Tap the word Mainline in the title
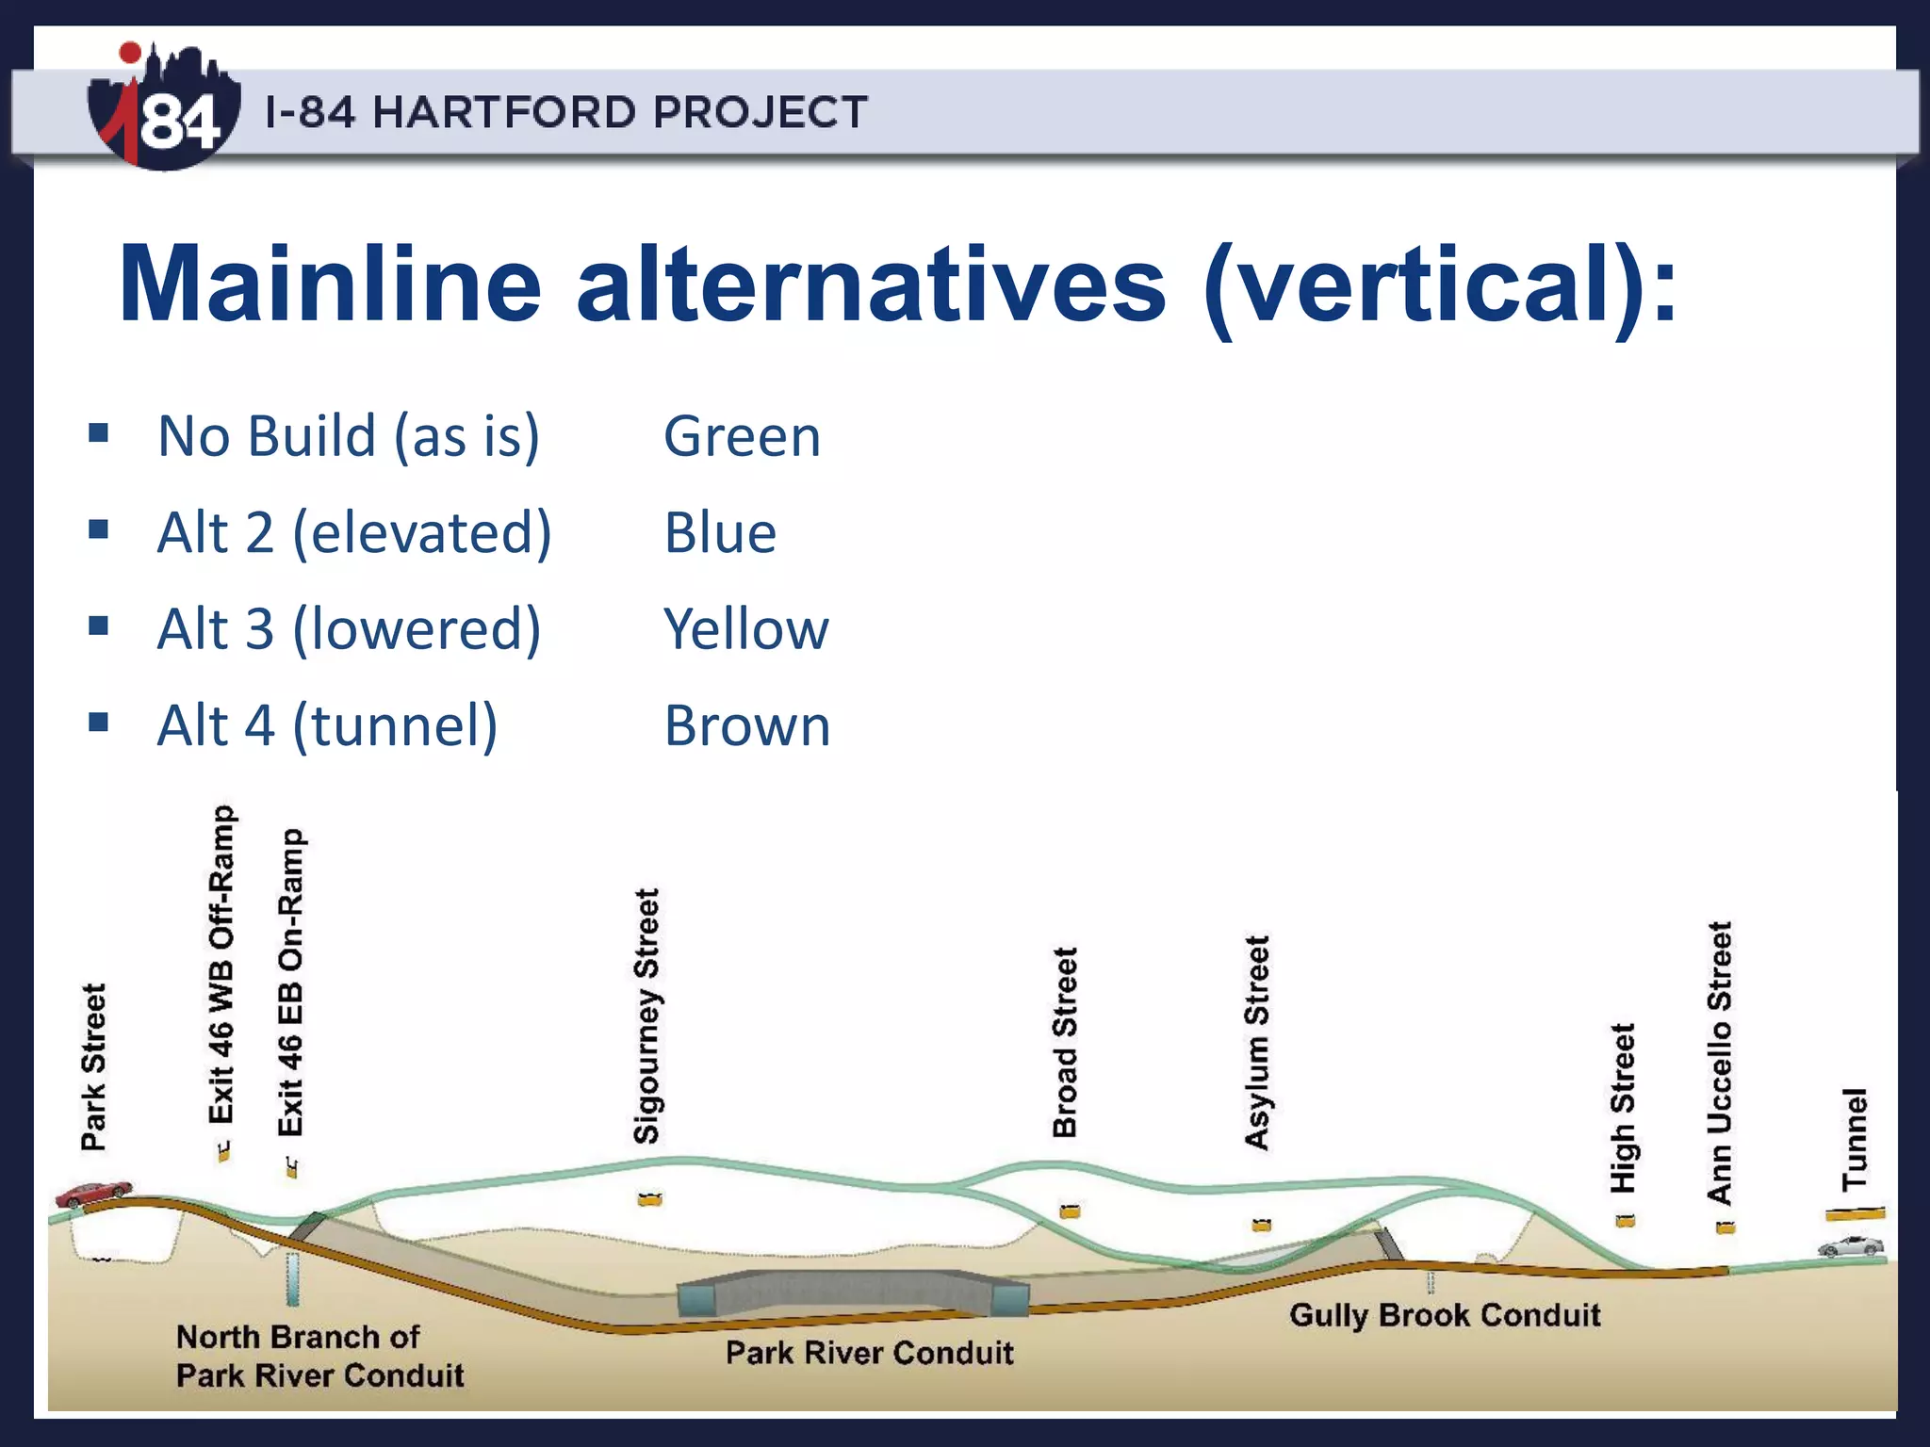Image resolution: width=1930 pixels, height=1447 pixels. tap(330, 285)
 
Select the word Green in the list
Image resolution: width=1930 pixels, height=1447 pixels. tap(742, 437)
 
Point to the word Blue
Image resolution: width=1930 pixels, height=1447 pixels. tap(720, 533)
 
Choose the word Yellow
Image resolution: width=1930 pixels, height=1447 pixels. tap(745, 629)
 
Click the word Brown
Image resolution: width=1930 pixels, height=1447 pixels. tap(747, 726)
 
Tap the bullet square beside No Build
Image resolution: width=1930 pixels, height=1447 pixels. tap(99, 434)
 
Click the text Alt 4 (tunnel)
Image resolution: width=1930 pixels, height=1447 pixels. tap(327, 726)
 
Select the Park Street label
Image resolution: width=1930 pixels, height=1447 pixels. tap(94, 1066)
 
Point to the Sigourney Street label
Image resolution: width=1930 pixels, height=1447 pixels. tap(646, 1016)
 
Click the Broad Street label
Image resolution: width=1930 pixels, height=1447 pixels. tap(1065, 1042)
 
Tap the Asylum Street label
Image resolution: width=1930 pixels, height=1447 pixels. tap(1257, 1042)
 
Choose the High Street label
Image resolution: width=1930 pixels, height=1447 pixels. tap(1623, 1108)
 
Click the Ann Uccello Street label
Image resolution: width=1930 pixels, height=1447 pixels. tap(1720, 1063)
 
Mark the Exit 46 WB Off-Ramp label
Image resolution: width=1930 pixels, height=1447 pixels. tap(221, 965)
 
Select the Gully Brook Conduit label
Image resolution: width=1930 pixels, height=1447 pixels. tap(1444, 1315)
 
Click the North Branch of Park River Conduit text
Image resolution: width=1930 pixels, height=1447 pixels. tap(319, 1357)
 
